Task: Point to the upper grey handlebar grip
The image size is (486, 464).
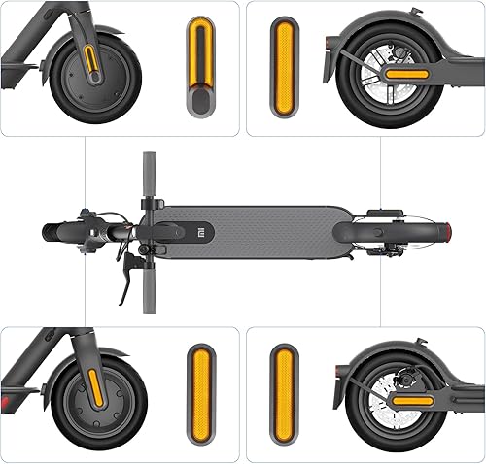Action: (x=150, y=175)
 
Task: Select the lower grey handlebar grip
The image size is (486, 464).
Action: (x=149, y=291)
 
